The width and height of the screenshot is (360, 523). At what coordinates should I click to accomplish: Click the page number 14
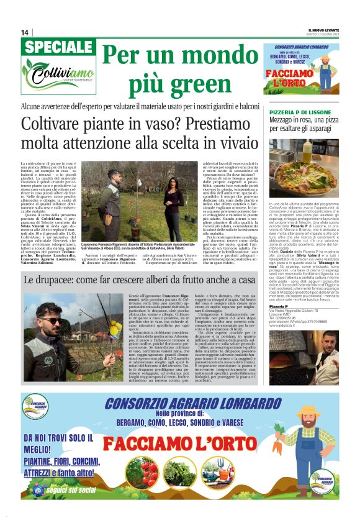coord(25,32)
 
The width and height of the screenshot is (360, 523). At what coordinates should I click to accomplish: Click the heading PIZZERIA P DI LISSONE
coord(298,112)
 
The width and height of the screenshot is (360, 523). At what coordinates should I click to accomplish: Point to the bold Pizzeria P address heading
coord(277,288)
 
